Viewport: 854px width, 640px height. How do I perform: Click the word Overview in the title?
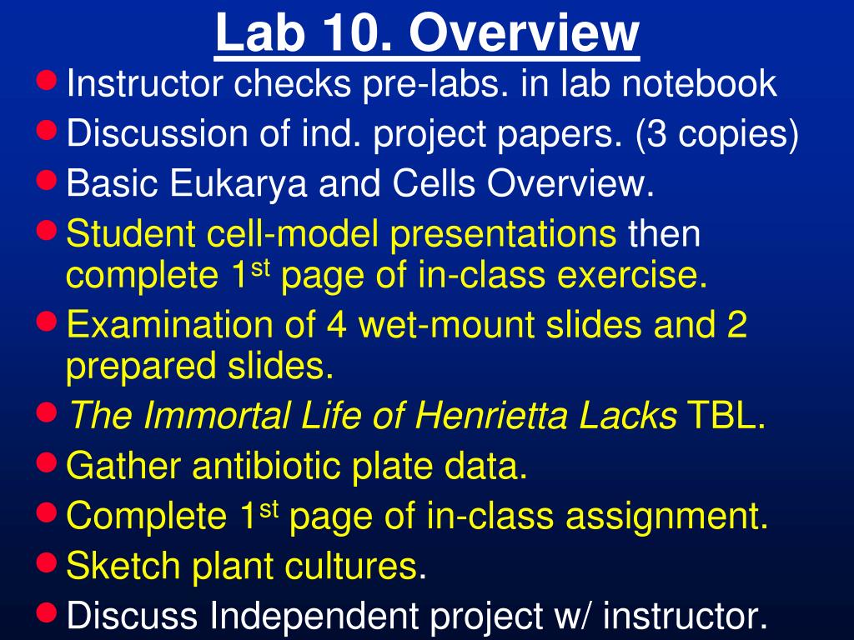[525, 34]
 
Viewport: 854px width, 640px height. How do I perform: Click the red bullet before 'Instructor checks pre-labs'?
[48, 81]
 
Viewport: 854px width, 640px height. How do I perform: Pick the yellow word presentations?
[504, 236]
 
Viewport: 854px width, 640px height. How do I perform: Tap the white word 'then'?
[665, 236]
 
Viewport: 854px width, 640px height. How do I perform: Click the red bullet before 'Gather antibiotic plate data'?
[48, 462]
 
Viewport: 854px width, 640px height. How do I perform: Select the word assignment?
[666, 517]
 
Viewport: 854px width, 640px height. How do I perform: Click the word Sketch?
[125, 567]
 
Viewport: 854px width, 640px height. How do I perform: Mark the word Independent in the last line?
[316, 617]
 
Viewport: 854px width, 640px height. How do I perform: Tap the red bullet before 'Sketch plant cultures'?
[48, 562]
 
